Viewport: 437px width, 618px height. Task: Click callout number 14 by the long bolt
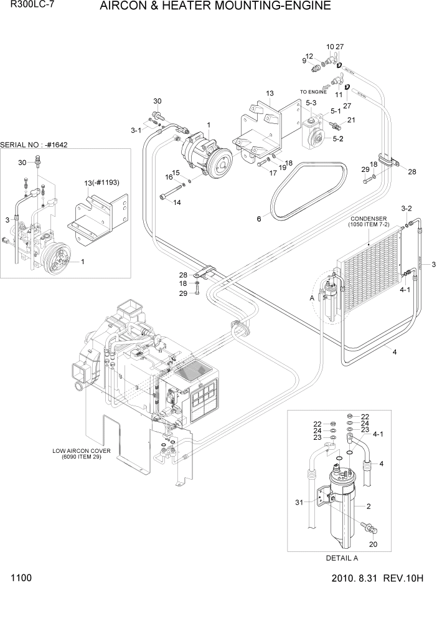pos(177,202)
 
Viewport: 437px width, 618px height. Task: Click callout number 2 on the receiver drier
pos(369,506)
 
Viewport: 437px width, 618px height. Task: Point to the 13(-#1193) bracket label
pos(101,183)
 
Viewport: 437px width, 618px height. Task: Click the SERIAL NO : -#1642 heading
pos(34,145)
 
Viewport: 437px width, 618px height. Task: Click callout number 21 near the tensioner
pos(351,120)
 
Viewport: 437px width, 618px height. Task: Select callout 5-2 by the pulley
pos(338,138)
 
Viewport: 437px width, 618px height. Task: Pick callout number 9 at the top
pos(304,60)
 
